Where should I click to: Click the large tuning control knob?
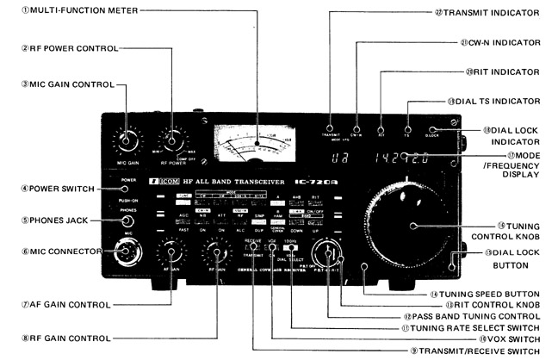click(411, 225)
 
